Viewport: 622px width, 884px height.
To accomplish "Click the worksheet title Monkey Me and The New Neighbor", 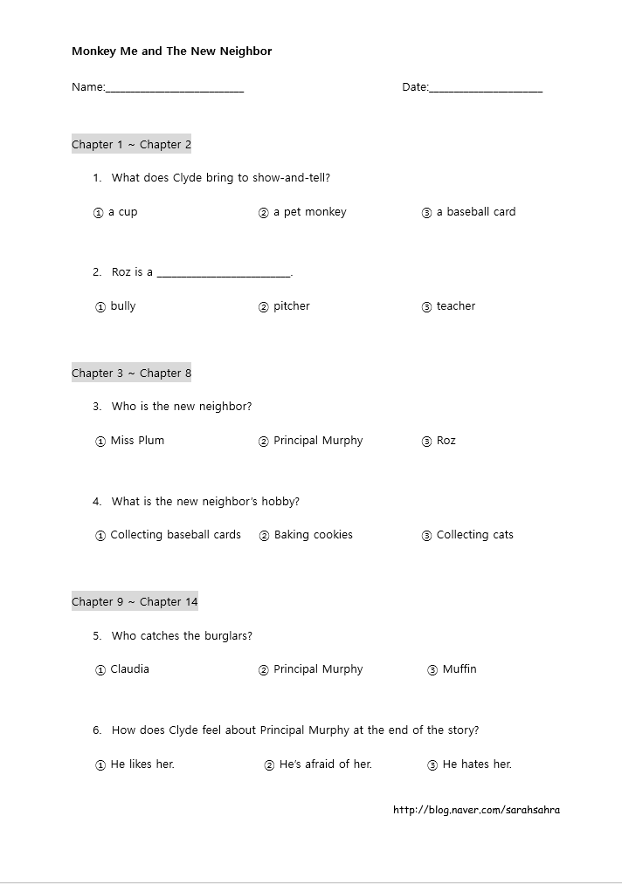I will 171,51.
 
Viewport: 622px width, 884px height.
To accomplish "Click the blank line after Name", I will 175,88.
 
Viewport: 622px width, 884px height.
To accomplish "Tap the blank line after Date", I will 486,88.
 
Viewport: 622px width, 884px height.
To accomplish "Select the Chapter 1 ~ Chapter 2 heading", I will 131,145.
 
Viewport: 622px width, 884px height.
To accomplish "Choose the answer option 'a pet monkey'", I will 309,212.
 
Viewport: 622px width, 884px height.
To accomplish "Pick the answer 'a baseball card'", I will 475,212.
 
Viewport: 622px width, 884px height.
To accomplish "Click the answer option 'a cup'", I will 122,212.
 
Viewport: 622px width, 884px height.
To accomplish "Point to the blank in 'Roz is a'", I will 224,273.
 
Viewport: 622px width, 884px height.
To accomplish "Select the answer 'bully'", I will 122,306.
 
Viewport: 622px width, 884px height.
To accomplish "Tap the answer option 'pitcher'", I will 291,306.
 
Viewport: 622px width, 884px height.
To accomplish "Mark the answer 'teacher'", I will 455,306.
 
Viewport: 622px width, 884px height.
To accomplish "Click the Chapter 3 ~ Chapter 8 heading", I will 131,373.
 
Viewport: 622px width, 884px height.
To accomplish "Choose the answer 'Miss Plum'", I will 136,441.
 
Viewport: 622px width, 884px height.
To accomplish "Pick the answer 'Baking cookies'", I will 313,535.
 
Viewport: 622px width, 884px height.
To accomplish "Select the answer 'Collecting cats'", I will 474,535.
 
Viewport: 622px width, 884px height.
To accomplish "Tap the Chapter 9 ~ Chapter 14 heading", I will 135,602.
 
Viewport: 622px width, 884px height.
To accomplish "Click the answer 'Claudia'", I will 129,669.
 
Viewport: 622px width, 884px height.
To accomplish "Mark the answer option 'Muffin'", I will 459,669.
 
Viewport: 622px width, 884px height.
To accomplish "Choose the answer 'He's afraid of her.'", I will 325,764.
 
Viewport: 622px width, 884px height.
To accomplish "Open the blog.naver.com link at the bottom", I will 476,810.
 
